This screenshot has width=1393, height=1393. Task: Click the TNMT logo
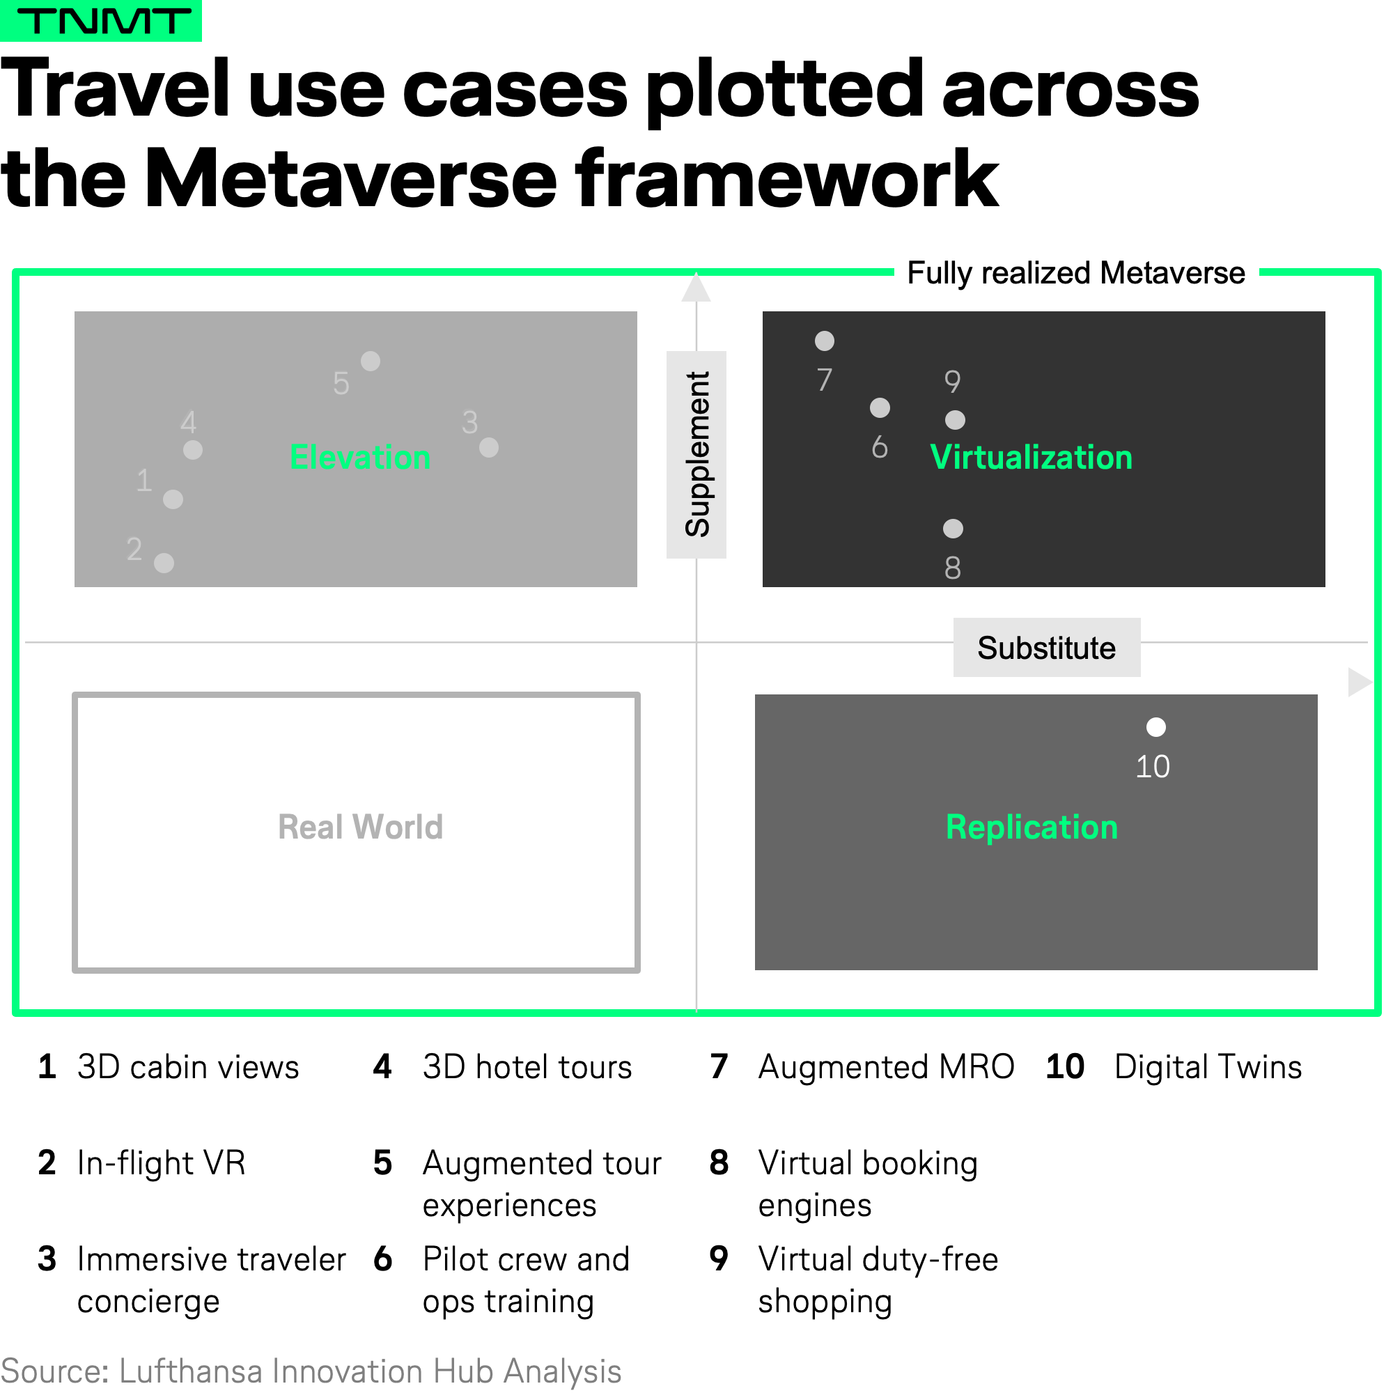click(x=100, y=20)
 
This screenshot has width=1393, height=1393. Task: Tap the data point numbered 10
click(x=1155, y=726)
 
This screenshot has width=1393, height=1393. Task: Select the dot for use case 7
click(x=824, y=341)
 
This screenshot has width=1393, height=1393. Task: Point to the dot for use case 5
click(x=371, y=361)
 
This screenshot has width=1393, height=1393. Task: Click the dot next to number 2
click(x=164, y=562)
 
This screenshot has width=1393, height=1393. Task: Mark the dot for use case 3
click(x=489, y=447)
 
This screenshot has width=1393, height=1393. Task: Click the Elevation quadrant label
click(x=360, y=457)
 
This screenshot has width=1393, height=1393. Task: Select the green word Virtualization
click(x=1031, y=457)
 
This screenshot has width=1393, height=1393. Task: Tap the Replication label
click(x=1032, y=827)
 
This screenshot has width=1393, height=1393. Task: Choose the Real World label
click(x=361, y=827)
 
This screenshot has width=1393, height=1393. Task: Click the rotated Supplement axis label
click(x=696, y=454)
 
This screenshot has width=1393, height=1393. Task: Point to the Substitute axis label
click(x=1046, y=648)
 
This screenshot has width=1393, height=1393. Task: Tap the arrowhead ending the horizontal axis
click(x=1359, y=681)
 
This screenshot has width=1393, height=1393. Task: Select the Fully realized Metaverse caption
click(x=1076, y=273)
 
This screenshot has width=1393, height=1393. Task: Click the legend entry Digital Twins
click(x=1208, y=1067)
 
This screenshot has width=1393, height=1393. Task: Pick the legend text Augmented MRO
click(x=886, y=1067)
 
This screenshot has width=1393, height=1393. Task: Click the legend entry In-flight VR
click(x=162, y=1163)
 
